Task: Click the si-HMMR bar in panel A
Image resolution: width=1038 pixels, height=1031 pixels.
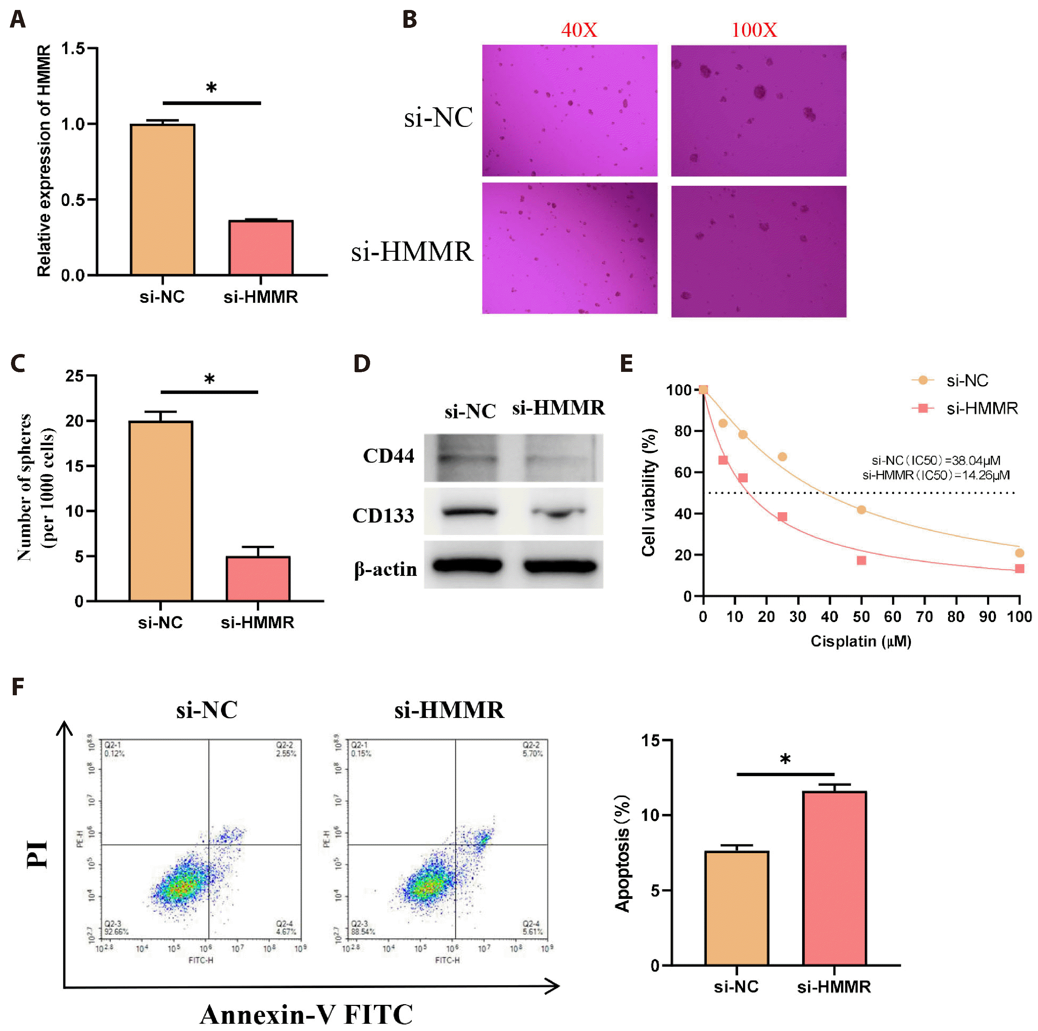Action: [261, 248]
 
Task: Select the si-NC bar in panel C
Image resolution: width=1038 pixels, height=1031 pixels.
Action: [161, 511]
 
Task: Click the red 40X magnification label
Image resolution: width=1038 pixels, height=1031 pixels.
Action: [579, 30]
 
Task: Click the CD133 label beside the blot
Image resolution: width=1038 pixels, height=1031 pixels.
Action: [383, 515]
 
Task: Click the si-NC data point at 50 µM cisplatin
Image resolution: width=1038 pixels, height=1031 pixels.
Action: [861, 509]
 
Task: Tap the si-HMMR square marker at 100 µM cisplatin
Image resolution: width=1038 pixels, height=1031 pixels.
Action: [1019, 569]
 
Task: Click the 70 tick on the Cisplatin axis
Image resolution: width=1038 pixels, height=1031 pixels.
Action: [924, 616]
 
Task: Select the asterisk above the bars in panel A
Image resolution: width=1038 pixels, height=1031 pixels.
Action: [211, 87]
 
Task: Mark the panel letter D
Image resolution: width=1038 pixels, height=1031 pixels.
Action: [361, 364]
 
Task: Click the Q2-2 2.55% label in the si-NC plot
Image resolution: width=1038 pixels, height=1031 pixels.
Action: [286, 750]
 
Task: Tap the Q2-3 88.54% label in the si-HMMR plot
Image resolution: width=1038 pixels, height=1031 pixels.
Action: [363, 927]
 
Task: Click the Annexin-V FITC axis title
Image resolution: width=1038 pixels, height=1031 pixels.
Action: [306, 1014]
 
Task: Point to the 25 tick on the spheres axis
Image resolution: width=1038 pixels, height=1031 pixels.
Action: [75, 376]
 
